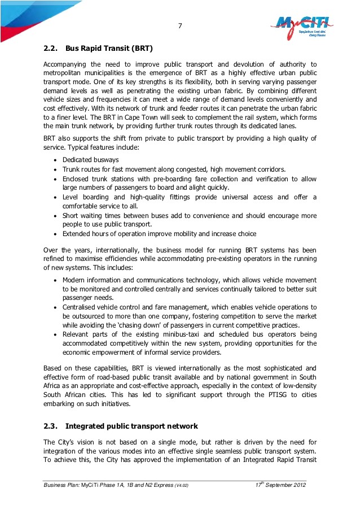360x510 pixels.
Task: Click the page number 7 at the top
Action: [x=180, y=25]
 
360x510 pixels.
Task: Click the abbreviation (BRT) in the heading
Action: [x=141, y=48]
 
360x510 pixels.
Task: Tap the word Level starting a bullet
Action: [x=72, y=197]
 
